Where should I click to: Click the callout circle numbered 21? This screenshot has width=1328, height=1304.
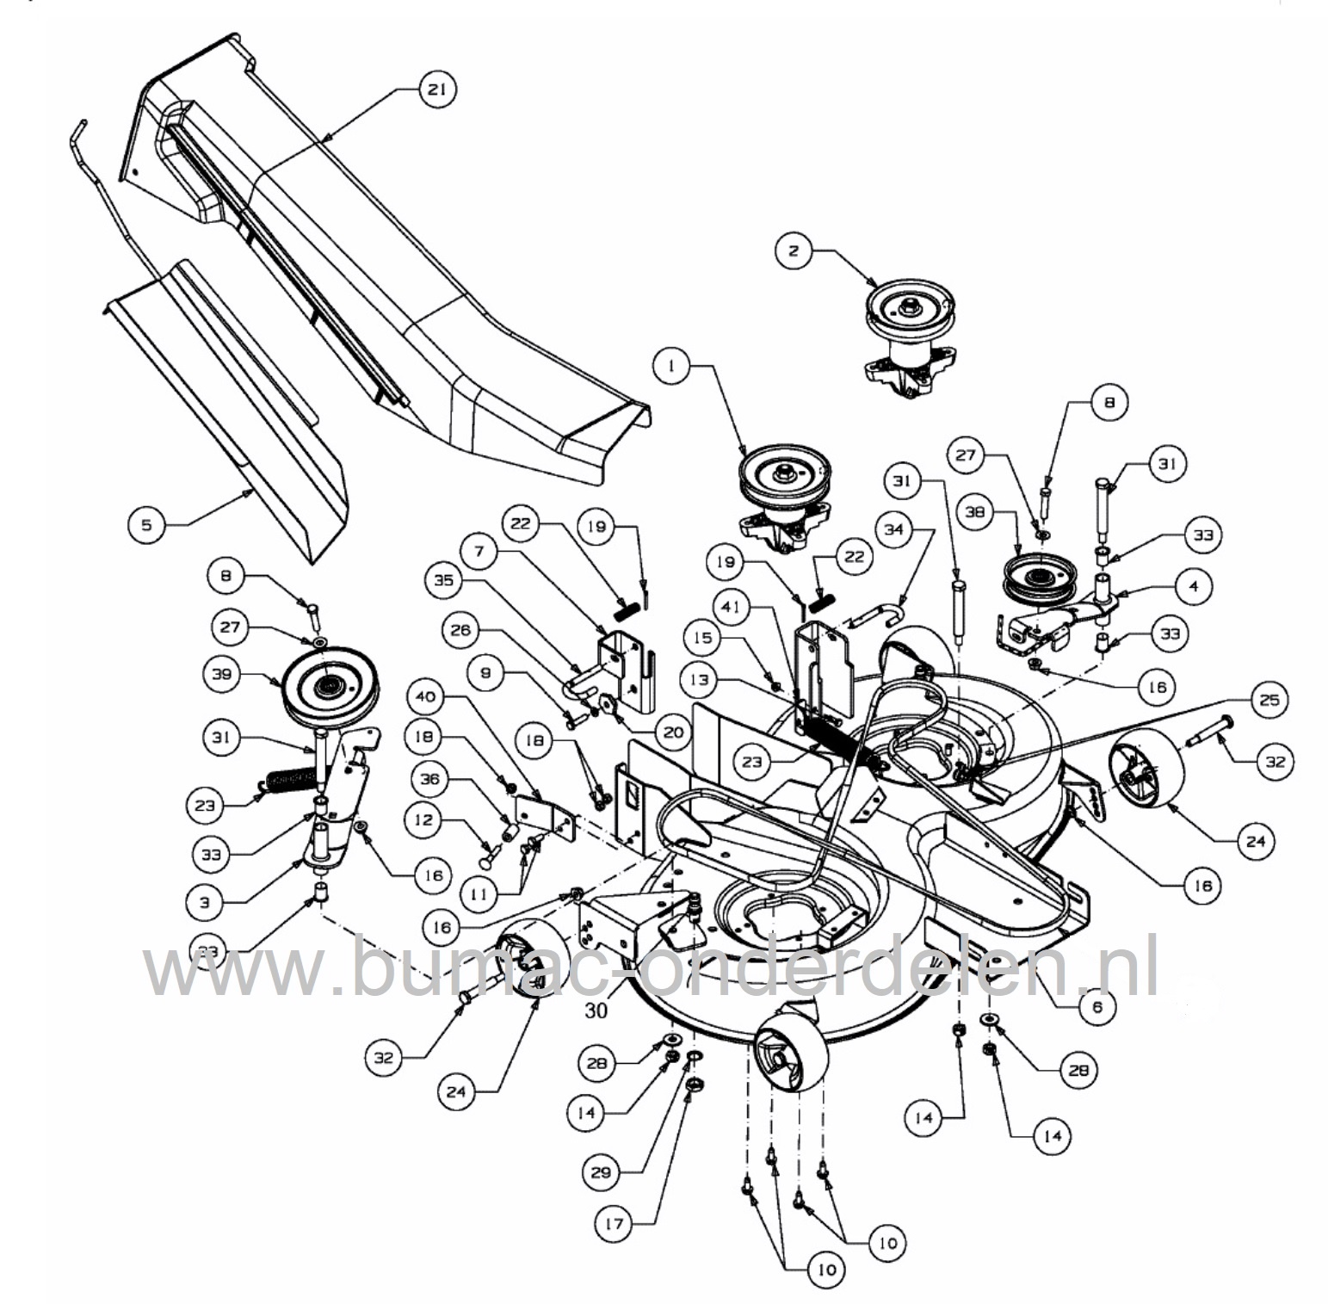click(x=437, y=90)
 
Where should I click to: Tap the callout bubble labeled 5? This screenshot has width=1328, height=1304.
click(x=146, y=524)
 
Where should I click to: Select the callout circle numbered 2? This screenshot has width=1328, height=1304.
click(x=794, y=250)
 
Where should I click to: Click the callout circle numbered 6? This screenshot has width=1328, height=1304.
click(x=1096, y=1006)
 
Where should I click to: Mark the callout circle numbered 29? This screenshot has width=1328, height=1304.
click(x=601, y=1172)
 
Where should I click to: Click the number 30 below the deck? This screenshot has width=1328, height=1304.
click(x=596, y=1010)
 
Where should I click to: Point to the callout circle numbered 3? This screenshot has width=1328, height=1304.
click(x=204, y=903)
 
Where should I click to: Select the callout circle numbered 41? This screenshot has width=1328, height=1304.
click(x=731, y=606)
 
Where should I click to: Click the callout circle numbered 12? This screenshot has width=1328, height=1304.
click(x=423, y=819)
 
